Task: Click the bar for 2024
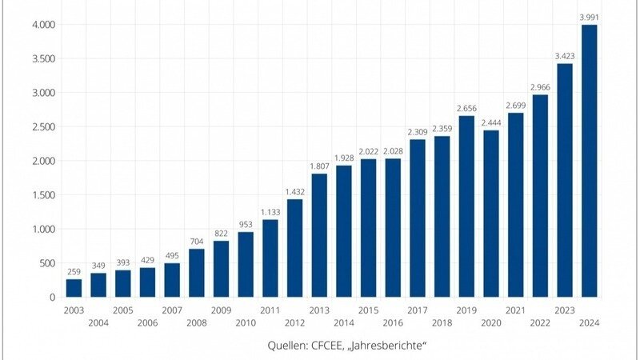[589, 161]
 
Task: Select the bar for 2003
[74, 288]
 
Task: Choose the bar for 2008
[196, 273]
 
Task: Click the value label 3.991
[589, 17]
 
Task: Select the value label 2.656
[466, 108]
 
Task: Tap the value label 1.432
[294, 191]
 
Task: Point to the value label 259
[74, 271]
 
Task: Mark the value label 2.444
[490, 122]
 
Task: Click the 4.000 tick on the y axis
[42, 25]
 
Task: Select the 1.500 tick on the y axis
[42, 195]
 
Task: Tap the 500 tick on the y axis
[47, 263]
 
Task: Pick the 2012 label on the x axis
[294, 322]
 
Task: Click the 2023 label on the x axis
[565, 310]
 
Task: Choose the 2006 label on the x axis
[147, 322]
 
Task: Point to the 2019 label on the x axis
[466, 310]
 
